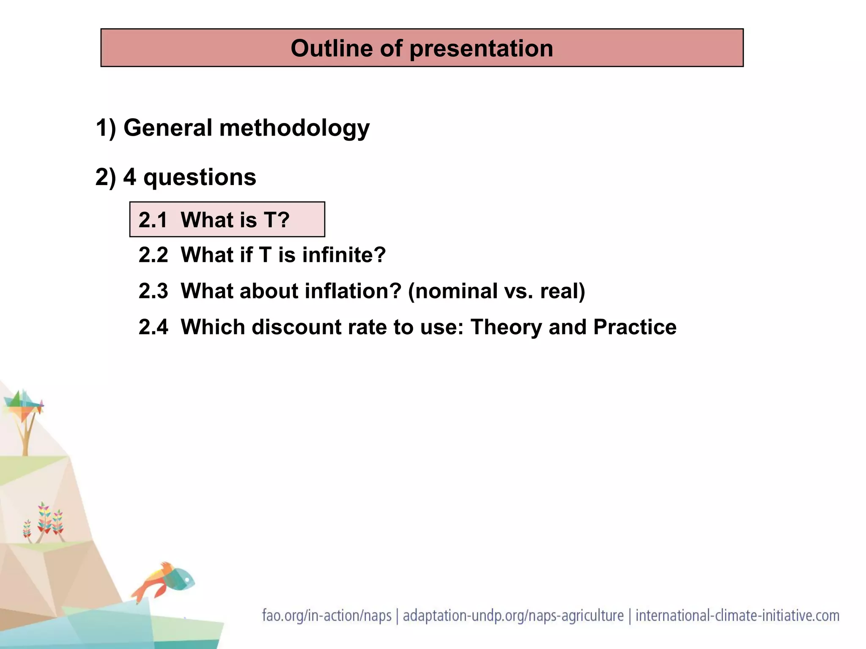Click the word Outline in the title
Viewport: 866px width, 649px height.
pyautogui.click(x=331, y=48)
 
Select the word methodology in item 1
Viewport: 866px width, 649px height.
pyautogui.click(x=294, y=128)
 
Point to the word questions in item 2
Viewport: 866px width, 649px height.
pyautogui.click(x=200, y=177)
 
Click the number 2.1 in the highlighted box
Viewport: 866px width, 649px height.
pyautogui.click(x=153, y=220)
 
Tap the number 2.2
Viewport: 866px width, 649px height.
pyautogui.click(x=153, y=255)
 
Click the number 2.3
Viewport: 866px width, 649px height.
pyautogui.click(x=153, y=291)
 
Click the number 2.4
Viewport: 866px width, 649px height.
pyautogui.click(x=153, y=327)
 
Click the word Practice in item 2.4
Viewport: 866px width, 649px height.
pyautogui.click(x=635, y=327)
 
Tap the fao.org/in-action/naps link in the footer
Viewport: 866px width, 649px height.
pyautogui.click(x=326, y=616)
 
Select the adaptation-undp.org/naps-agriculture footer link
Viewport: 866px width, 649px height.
pyautogui.click(x=513, y=616)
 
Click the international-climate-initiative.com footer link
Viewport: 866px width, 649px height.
pyautogui.click(x=737, y=616)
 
